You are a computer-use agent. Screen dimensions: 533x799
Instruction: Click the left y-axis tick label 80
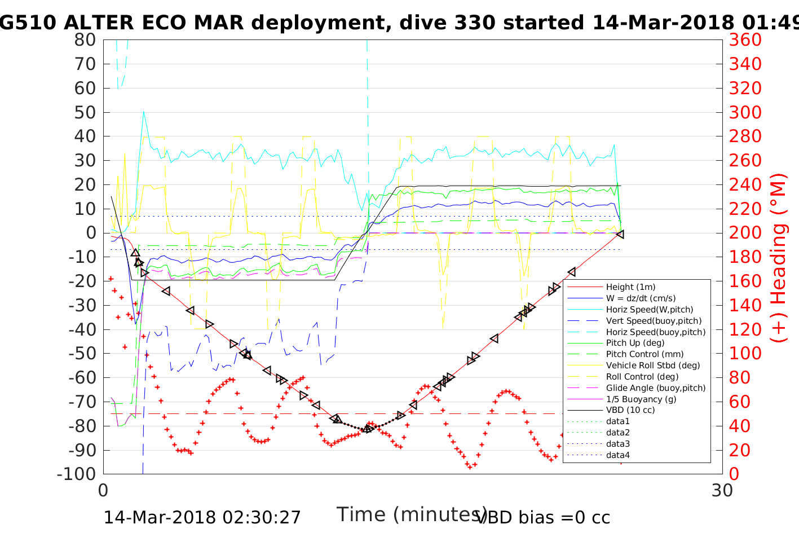pyautogui.click(x=85, y=40)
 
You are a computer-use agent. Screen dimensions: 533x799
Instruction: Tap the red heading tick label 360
pyautogui.click(x=745, y=40)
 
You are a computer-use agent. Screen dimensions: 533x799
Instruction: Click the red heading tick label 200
pyautogui.click(x=745, y=233)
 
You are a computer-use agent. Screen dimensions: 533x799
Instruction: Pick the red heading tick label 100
pyautogui.click(x=745, y=354)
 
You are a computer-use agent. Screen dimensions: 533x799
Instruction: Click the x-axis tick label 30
pyautogui.click(x=722, y=490)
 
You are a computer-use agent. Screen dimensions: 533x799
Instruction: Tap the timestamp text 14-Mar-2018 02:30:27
pyautogui.click(x=202, y=517)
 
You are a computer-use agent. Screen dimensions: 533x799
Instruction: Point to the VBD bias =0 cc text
pyautogui.click(x=544, y=517)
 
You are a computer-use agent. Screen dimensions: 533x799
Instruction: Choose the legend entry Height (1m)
pyautogui.click(x=630, y=287)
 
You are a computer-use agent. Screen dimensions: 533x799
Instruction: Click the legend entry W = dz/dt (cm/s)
pyautogui.click(x=641, y=298)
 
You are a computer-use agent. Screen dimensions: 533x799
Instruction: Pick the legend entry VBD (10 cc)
pyautogui.click(x=630, y=410)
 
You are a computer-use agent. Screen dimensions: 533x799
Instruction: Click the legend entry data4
pyautogui.click(x=618, y=455)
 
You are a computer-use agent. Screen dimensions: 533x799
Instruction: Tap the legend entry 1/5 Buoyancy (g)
pyautogui.click(x=641, y=399)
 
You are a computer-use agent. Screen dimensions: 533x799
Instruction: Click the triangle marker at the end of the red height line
pyautogui.click(x=620, y=234)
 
